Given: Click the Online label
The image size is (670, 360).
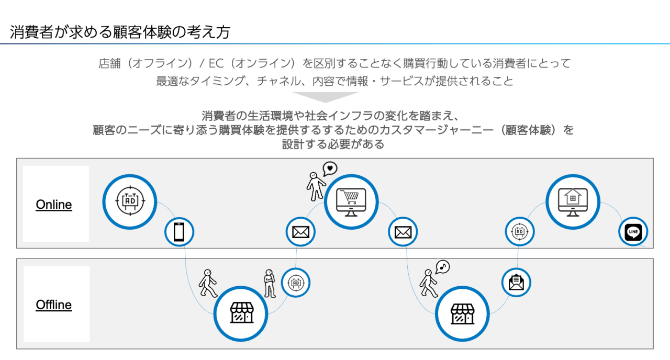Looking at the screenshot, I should [x=54, y=205].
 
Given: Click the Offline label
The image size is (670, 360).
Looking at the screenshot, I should [x=54, y=305].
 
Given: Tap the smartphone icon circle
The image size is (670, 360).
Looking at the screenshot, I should [x=179, y=232].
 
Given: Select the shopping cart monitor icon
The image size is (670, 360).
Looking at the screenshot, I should [x=351, y=201].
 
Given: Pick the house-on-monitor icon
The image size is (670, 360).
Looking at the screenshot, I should [x=573, y=201].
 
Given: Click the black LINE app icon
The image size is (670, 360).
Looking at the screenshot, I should [x=633, y=232].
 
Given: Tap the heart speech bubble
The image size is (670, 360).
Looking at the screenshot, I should [x=330, y=168].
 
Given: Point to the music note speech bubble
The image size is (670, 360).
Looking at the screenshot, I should [x=443, y=267].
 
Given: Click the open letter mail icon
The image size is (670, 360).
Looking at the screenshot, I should [x=517, y=283].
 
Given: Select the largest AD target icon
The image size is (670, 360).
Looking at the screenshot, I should [x=129, y=201].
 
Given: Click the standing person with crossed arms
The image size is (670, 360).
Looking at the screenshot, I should [x=270, y=284].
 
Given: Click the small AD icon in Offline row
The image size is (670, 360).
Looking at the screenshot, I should [x=296, y=283].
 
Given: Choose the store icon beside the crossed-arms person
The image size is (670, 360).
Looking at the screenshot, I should [x=241, y=313].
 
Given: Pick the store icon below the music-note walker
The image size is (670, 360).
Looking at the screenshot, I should [x=463, y=313].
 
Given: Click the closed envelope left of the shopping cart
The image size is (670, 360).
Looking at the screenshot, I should [x=301, y=232].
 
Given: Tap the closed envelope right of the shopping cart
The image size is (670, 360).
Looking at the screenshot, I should [x=403, y=232].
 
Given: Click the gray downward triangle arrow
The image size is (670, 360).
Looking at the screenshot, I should [x=325, y=97].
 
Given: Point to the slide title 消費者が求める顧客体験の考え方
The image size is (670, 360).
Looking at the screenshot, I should [x=120, y=32].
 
